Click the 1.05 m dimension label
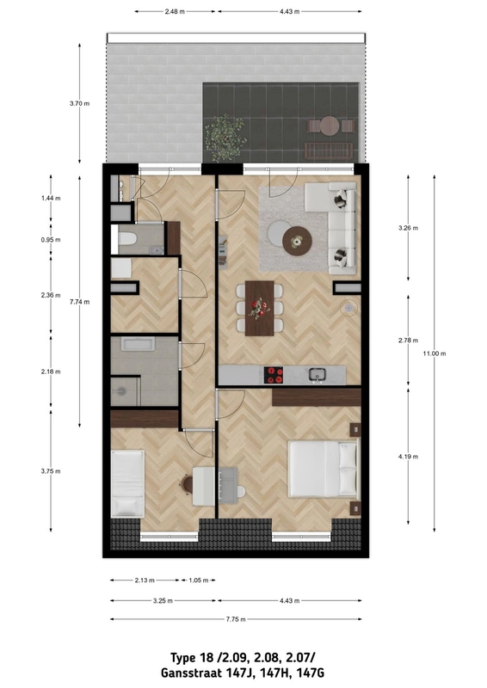tap(200, 580)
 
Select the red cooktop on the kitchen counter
tap(274, 374)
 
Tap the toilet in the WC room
tap(128, 239)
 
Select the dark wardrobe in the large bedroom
tap(316, 396)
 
